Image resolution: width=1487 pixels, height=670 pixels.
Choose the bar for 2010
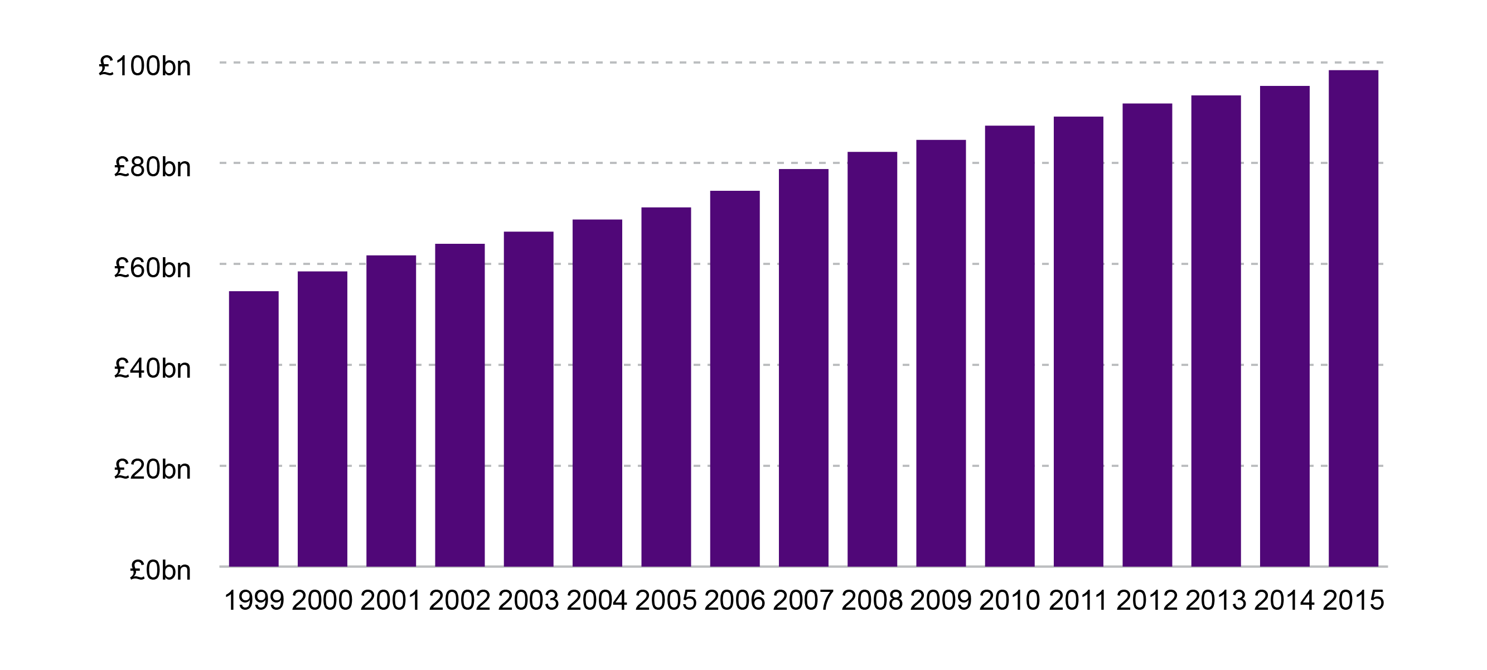[1010, 346]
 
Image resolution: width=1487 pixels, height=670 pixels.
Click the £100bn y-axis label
[144, 66]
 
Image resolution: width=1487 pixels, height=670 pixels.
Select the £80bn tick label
[152, 167]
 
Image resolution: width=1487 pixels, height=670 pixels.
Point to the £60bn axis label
[152, 268]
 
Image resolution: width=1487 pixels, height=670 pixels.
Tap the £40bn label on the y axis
[152, 369]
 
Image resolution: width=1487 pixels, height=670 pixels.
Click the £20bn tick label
[152, 469]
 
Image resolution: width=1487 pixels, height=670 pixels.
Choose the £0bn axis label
[160, 570]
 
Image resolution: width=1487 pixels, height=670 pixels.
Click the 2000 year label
[322, 601]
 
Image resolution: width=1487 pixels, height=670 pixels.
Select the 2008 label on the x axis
[871, 601]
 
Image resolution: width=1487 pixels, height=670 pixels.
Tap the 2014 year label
[1285, 601]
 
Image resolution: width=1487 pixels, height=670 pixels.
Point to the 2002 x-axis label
[459, 601]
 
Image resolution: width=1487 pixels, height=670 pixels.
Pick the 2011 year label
[1078, 601]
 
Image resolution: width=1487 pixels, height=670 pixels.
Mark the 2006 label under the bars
[734, 601]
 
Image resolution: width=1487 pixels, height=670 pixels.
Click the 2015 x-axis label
[1353, 601]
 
